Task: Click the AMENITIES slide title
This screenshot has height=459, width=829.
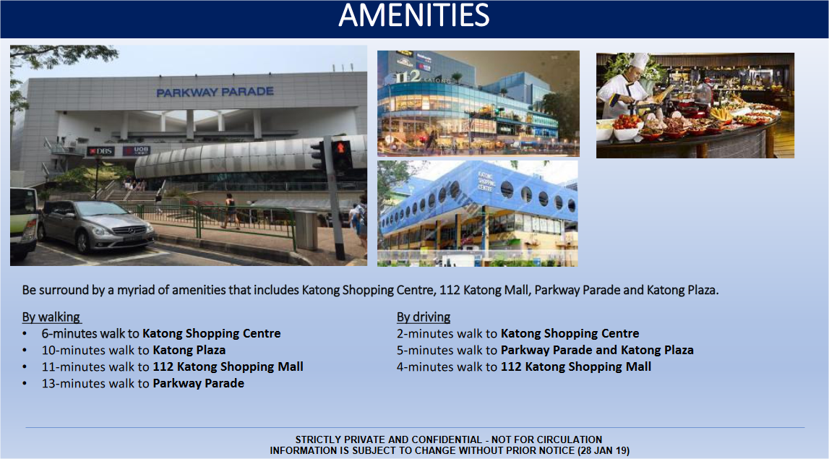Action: pos(414,15)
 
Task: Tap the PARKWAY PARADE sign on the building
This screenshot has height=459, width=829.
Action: pos(215,92)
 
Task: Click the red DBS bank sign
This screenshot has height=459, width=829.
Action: pos(101,151)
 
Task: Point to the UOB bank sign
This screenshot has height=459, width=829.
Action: pos(137,150)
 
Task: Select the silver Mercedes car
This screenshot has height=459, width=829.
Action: pos(95,226)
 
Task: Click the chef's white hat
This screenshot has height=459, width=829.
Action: pos(639,61)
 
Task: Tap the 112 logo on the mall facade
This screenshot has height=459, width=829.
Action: pos(408,77)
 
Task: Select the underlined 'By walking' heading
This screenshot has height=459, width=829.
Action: pos(51,317)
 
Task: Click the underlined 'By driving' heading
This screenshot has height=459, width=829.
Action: pos(424,317)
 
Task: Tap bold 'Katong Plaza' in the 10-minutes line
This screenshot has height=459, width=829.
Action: pos(189,350)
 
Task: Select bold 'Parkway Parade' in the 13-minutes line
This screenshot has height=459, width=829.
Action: pos(198,383)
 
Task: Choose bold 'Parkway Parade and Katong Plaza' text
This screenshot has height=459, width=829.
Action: pos(597,350)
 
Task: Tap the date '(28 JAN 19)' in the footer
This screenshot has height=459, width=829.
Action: pos(604,450)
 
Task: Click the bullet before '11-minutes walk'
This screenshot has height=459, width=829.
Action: pos(25,367)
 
